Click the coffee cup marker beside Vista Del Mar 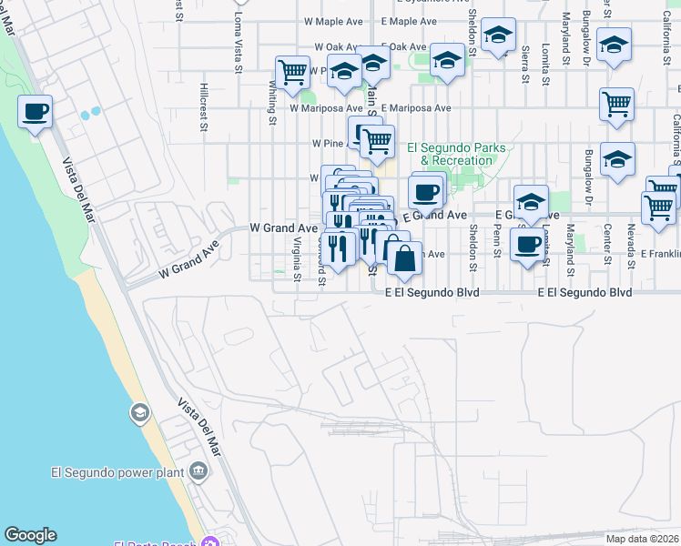pyautogui.click(x=35, y=113)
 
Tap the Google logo pyautogui.click(x=30, y=536)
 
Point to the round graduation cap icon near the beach pyautogui.click(x=139, y=413)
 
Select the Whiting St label pyautogui.click(x=272, y=99)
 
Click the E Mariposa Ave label pyautogui.click(x=416, y=107)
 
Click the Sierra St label pyautogui.click(x=524, y=64)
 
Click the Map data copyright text pyautogui.click(x=642, y=539)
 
